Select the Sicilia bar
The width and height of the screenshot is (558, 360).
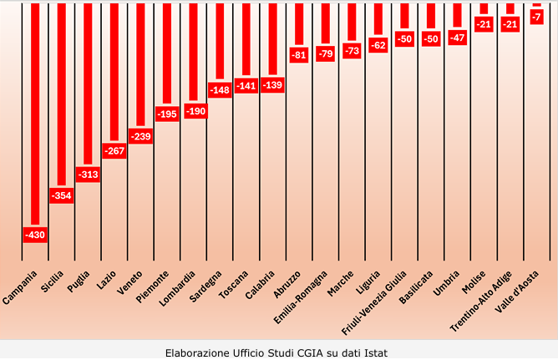(62, 92)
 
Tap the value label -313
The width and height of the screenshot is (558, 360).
(88, 175)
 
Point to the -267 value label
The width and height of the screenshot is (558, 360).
(114, 151)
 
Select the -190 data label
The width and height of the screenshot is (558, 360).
(195, 110)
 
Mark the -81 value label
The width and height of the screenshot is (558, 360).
(300, 54)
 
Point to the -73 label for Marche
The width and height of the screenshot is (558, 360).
(353, 51)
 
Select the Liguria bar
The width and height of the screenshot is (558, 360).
(378, 20)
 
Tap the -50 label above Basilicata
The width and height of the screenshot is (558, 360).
(431, 38)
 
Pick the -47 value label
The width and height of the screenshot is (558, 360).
(458, 37)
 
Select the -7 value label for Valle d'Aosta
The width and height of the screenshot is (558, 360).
(537, 17)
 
